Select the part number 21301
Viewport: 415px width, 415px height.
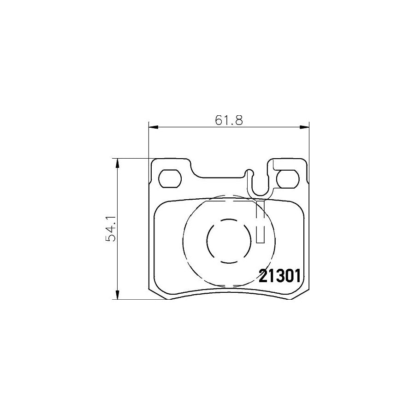coord(279,277)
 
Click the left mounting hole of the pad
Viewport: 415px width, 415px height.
coord(170,178)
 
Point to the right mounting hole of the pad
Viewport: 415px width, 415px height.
coord(288,178)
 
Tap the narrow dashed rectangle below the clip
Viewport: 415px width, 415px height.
coord(260,221)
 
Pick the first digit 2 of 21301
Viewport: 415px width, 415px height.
coord(263,277)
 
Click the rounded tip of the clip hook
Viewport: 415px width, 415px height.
coord(250,173)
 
